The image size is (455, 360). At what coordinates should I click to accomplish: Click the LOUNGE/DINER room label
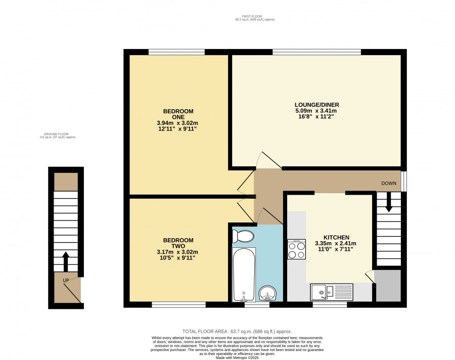point(316,105)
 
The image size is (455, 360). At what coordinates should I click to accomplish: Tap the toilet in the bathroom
point(243,236)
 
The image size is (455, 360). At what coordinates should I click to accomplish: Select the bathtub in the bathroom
point(244,275)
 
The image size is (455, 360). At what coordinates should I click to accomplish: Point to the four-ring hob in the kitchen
point(297,249)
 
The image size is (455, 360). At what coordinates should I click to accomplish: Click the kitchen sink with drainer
point(332,292)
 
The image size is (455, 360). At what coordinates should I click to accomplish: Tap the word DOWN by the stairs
point(389,183)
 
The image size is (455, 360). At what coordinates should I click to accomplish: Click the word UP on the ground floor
point(66,281)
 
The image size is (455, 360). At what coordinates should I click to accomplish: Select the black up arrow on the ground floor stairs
point(66,261)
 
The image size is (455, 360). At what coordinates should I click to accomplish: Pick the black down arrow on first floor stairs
point(389,202)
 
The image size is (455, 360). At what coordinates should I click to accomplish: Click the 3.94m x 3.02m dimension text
point(177,123)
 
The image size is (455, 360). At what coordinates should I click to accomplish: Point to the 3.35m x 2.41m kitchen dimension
point(336,243)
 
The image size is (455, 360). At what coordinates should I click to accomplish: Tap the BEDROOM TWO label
point(178,243)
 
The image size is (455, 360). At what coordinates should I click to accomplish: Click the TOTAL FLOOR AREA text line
point(237,331)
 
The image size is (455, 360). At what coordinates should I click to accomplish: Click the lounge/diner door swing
point(269,160)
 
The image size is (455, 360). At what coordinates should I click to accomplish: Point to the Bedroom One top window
point(176,52)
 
